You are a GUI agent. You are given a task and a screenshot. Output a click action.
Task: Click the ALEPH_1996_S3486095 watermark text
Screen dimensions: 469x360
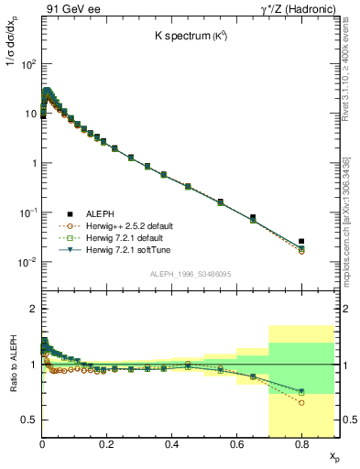[190, 275]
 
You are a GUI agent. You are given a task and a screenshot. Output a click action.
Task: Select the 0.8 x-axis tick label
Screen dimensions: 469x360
[301, 442]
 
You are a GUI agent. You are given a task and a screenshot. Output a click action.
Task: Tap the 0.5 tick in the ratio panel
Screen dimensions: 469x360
[29, 420]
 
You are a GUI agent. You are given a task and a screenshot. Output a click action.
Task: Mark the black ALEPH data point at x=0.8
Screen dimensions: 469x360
[301, 241]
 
